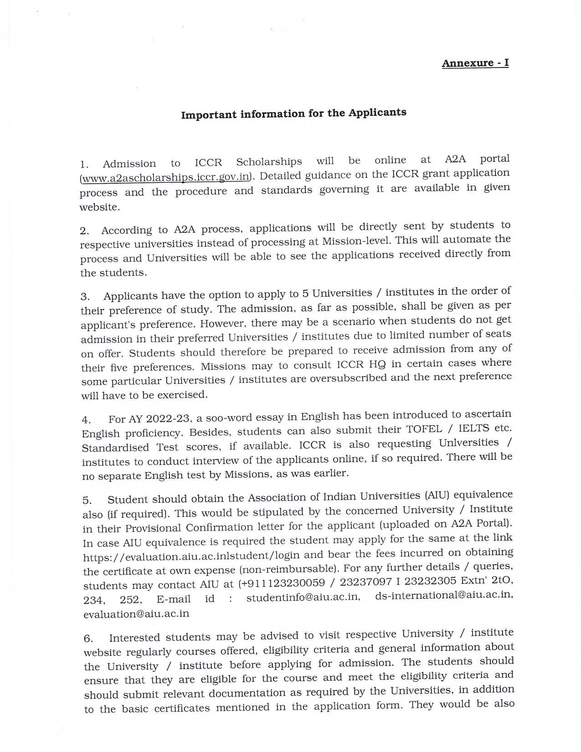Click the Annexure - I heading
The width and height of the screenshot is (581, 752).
click(x=475, y=63)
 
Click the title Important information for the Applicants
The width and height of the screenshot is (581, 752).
click(x=293, y=113)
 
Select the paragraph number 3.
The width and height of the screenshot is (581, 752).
click(x=85, y=297)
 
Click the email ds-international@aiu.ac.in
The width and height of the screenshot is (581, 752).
click(x=444, y=595)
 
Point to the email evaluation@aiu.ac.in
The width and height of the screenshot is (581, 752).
click(x=136, y=613)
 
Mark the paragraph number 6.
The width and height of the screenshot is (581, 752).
click(x=88, y=639)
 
